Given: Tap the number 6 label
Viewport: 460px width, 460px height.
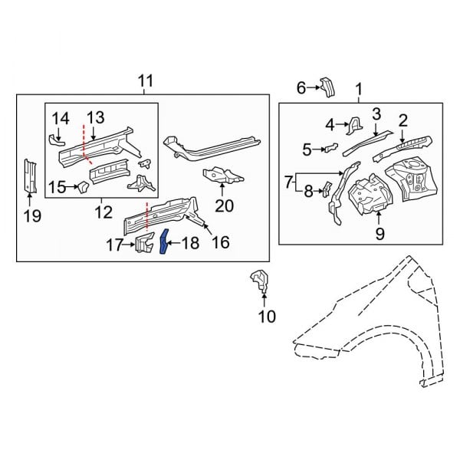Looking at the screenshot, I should pos(301,88).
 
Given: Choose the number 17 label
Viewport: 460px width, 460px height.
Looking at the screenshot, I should pos(114,245).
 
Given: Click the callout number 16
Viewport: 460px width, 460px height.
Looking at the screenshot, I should pos(220,243).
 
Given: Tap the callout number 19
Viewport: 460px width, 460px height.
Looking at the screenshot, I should pos(31,215).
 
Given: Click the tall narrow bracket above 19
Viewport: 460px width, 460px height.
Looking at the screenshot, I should pos(31,176).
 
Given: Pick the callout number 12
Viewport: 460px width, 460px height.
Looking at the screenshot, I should pos(103,212).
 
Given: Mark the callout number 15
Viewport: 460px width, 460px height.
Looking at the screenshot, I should pos(58,187).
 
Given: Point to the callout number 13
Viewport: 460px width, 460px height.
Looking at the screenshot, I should pos(94,117).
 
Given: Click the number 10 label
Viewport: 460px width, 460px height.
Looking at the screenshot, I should pos(266,316).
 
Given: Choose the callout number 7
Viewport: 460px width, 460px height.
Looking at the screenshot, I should pos(288,182).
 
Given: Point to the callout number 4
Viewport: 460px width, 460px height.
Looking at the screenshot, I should pos(330,124).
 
